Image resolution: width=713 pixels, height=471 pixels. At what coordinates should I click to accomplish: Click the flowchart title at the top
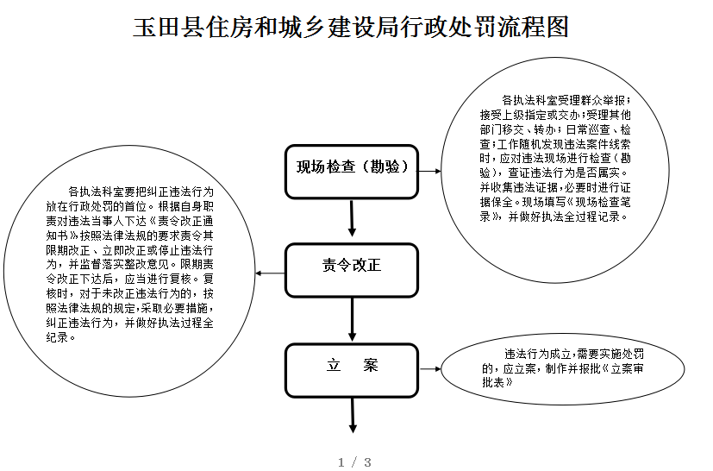click(x=351, y=27)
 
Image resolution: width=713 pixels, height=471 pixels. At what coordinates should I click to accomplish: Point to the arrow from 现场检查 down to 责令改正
click(x=352, y=218)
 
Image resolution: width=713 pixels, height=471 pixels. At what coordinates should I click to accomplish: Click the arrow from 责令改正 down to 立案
click(x=352, y=319)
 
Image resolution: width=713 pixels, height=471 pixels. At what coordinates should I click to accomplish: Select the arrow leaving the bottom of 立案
click(x=353, y=416)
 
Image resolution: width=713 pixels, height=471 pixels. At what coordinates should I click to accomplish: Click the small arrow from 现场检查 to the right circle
click(x=429, y=171)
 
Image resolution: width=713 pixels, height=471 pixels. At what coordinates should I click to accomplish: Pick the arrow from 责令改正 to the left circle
click(x=270, y=273)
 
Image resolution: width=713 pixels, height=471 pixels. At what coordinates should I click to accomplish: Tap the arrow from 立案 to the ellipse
click(x=430, y=368)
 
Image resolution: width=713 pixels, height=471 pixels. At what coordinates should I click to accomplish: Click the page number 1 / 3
click(x=354, y=462)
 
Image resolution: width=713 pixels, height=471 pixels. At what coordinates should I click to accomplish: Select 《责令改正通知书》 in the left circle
click(x=129, y=229)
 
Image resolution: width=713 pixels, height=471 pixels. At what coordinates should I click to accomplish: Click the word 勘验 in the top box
click(x=385, y=166)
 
